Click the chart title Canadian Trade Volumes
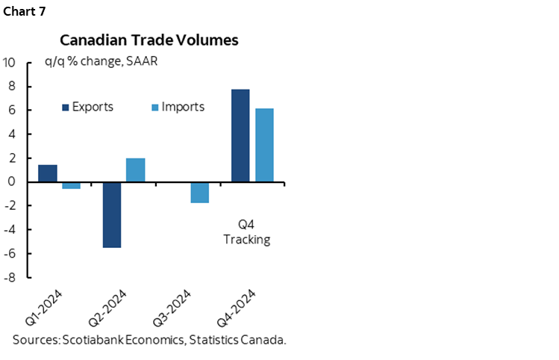click(149, 40)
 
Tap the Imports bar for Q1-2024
click(72, 185)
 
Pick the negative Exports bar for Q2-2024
click(112, 214)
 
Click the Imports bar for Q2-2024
click(136, 170)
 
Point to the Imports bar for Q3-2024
click(200, 192)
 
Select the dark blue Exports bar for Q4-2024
click(240, 135)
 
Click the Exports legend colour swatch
click(65, 108)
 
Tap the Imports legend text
click(183, 107)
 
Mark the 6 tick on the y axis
click(11, 111)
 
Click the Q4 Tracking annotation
click(246, 232)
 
